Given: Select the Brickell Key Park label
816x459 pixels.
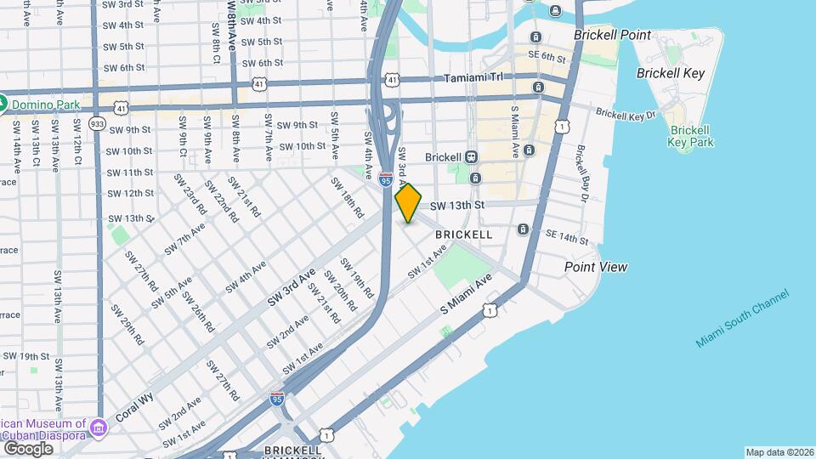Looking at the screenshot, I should [689, 136].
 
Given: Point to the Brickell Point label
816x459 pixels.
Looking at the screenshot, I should [612, 36].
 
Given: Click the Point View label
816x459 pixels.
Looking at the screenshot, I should [596, 267].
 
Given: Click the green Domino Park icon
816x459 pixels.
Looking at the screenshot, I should [4, 104].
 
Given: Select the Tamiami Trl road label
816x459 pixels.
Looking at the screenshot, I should [473, 77].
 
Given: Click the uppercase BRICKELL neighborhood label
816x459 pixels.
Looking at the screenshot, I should [463, 234].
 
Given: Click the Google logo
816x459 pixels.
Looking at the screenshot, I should [28, 448].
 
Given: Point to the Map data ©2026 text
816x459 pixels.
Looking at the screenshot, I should [778, 452].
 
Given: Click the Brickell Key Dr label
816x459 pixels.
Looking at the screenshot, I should [626, 114].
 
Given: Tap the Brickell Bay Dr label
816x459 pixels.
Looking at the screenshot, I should [583, 173].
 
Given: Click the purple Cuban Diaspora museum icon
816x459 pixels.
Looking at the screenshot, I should [99, 425].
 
